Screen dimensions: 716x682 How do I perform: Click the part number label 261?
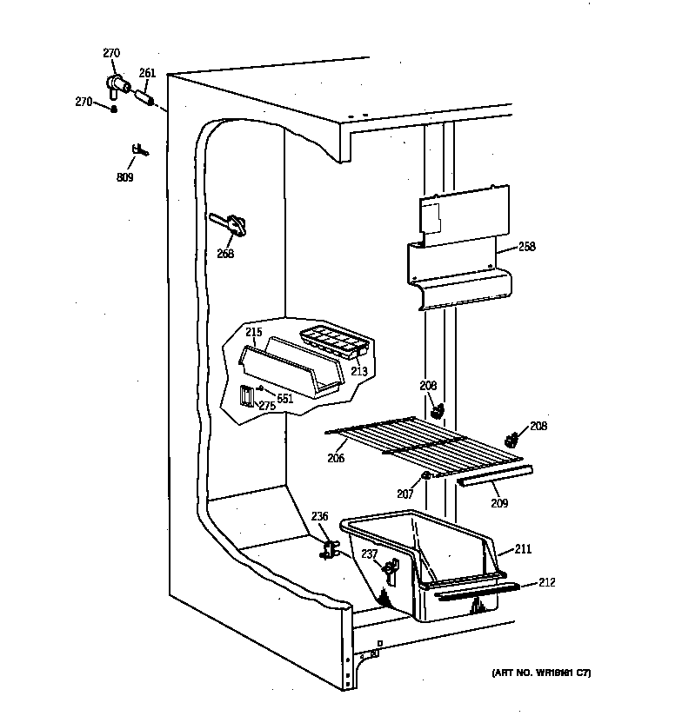tap(147, 74)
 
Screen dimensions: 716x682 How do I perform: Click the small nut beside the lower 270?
tap(114, 108)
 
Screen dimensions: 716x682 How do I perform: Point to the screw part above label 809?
tap(138, 151)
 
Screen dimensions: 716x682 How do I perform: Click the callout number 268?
tap(225, 254)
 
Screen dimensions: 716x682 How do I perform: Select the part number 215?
tap(253, 333)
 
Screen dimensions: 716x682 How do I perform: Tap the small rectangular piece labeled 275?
tap(247, 396)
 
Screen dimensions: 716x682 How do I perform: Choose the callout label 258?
tap(526, 247)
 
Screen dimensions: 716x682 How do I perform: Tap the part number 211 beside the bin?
tap(522, 549)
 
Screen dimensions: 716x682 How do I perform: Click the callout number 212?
tap(546, 582)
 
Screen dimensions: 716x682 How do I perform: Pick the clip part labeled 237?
tap(391, 569)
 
